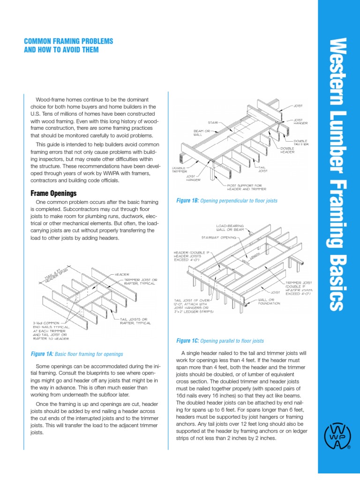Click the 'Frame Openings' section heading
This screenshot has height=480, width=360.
[x=53, y=193]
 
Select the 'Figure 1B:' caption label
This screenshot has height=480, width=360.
[x=187, y=201]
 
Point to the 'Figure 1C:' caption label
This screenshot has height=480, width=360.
[x=187, y=341]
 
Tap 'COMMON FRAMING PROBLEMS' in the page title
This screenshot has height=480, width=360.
[x=68, y=41]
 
